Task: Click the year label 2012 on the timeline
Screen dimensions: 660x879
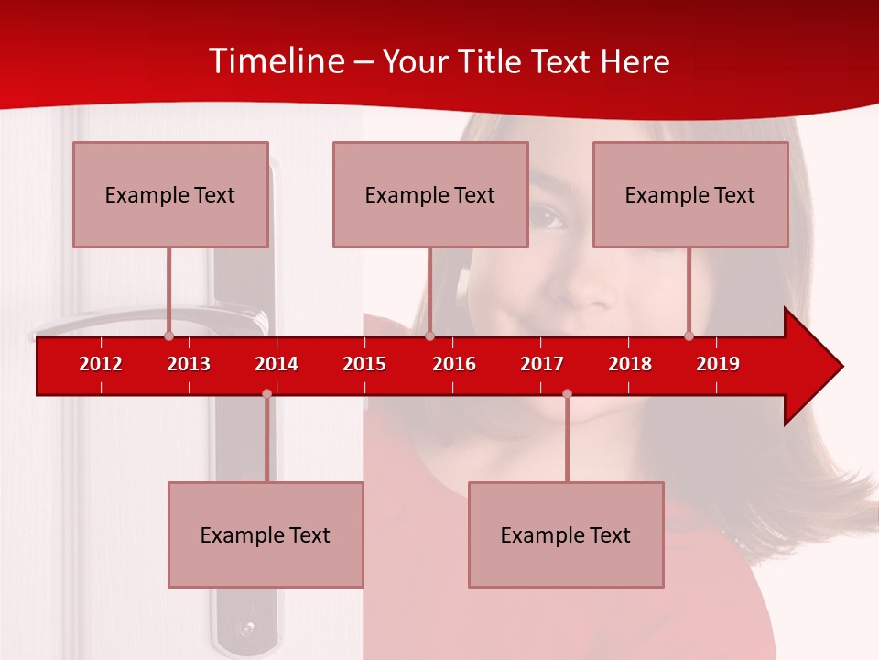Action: click(x=101, y=364)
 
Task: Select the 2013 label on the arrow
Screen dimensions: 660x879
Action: click(x=189, y=364)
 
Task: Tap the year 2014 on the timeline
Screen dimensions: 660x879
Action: click(x=277, y=364)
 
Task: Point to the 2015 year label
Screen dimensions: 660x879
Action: click(x=364, y=364)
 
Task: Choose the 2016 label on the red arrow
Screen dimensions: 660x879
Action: click(x=454, y=364)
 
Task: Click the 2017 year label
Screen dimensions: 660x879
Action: click(x=542, y=364)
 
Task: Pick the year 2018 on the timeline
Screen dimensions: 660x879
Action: click(x=630, y=364)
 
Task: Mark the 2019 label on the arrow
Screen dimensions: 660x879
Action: click(x=718, y=364)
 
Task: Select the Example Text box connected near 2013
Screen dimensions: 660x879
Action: click(x=170, y=194)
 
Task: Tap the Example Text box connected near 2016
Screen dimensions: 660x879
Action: click(x=430, y=194)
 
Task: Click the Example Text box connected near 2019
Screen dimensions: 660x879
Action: click(x=690, y=194)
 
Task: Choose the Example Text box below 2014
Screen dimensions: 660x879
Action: click(x=266, y=534)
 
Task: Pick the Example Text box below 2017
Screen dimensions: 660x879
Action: click(x=566, y=534)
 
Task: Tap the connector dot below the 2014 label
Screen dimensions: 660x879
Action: click(x=266, y=393)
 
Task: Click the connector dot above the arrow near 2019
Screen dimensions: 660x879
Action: click(x=689, y=335)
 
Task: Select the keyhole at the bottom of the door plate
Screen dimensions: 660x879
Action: click(x=244, y=630)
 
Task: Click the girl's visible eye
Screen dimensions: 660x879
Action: click(x=548, y=217)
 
